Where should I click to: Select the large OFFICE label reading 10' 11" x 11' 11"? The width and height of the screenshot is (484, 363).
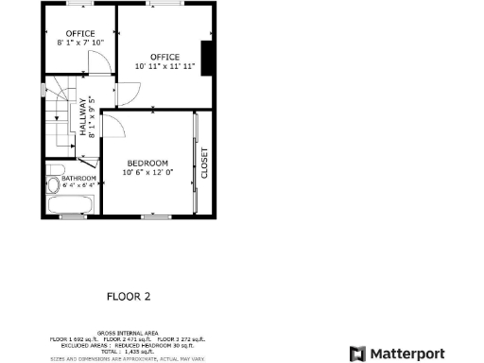(x=164, y=62)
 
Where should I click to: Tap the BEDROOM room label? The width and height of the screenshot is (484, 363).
(x=147, y=163)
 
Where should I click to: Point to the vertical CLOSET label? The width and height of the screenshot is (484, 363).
(x=204, y=163)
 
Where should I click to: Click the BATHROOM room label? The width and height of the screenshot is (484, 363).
(x=78, y=179)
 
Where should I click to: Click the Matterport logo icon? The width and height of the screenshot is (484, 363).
(x=357, y=354)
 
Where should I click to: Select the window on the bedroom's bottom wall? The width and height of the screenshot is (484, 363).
(x=154, y=216)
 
